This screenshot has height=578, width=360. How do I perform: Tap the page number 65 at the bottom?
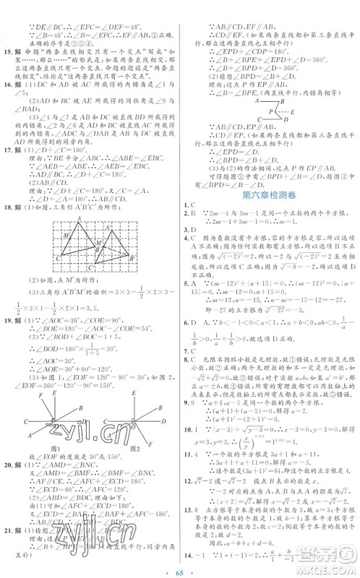[x=179, y=568]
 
